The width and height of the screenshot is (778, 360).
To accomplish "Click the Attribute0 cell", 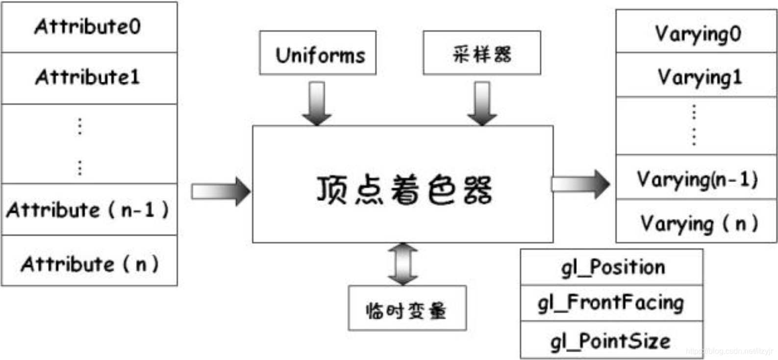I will coord(89,27).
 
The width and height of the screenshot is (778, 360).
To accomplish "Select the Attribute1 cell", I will coord(89,77).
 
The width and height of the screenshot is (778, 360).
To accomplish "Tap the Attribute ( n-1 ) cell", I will coord(89,210).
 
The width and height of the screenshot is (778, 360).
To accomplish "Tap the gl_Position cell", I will coord(612,267).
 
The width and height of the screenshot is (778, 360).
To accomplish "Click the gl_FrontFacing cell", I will coord(612,303).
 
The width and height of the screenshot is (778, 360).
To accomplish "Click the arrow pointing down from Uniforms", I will coord(317,103).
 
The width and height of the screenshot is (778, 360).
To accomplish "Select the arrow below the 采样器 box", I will coord(482,103).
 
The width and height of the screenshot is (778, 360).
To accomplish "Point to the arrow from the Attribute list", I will coord(220,191).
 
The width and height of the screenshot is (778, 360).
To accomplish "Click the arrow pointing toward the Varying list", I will coord(581,184).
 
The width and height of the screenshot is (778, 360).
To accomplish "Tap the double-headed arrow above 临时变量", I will coord(403,264).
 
